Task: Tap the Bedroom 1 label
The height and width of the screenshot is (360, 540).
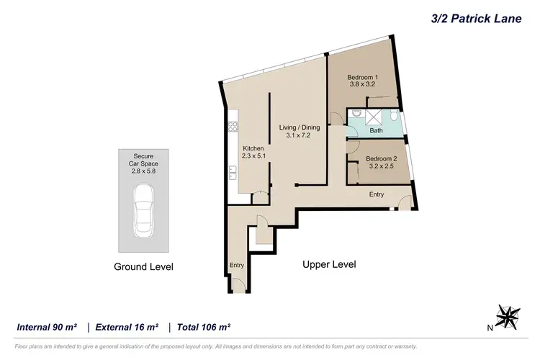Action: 362,78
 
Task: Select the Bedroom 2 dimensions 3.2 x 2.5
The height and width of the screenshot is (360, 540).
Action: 381,166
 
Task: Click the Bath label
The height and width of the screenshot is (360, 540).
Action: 376,131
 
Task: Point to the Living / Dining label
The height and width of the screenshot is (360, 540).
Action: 300,127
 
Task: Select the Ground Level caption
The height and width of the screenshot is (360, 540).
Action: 144,266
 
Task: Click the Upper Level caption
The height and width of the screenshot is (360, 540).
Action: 328,264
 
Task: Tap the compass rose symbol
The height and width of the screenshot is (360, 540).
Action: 509,316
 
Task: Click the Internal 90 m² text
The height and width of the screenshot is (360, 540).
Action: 48,327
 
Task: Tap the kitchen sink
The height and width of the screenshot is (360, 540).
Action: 233,172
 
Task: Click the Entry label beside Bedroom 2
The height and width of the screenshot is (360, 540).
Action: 377,194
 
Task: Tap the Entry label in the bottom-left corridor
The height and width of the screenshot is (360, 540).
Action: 237,265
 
